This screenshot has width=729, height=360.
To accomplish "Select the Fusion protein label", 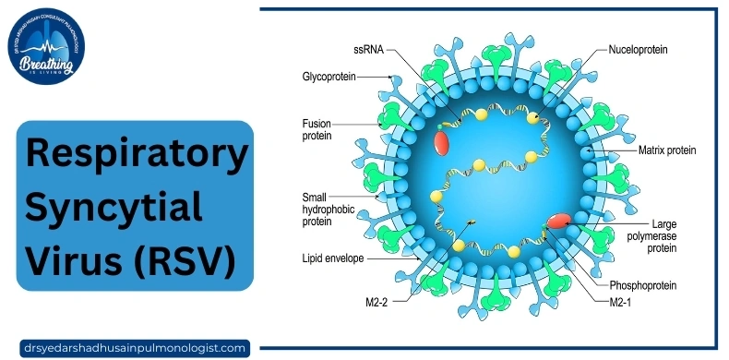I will [316, 128].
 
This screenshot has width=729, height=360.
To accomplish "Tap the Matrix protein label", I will [666, 150].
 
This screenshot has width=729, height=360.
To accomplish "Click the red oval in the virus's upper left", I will [442, 142].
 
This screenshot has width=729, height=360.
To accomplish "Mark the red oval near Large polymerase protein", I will [559, 222].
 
